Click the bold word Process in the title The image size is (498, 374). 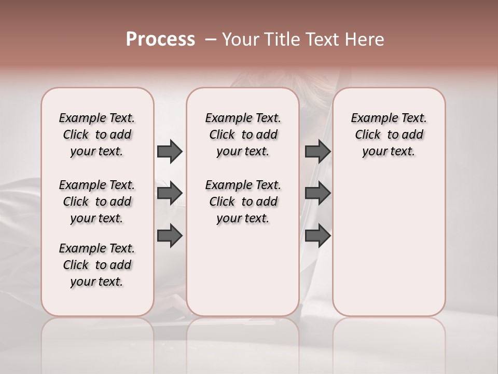click(160, 39)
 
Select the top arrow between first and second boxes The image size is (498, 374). click(170, 151)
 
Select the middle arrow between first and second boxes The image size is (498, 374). click(170, 193)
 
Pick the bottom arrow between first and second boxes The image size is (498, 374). click(170, 236)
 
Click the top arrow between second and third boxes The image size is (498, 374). click(317, 151)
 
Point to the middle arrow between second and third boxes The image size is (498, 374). click(317, 193)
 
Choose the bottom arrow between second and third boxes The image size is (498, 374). click(317, 236)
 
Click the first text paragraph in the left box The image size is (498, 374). click(97, 135)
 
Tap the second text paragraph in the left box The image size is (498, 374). click(97, 202)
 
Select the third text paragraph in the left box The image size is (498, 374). click(97, 265)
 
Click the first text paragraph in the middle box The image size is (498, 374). click(243, 135)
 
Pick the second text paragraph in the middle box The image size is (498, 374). click(243, 202)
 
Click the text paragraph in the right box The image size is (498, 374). click(389, 135)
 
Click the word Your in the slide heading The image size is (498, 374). click(240, 39)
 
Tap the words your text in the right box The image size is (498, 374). click(389, 152)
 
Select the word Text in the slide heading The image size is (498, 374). click(321, 39)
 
